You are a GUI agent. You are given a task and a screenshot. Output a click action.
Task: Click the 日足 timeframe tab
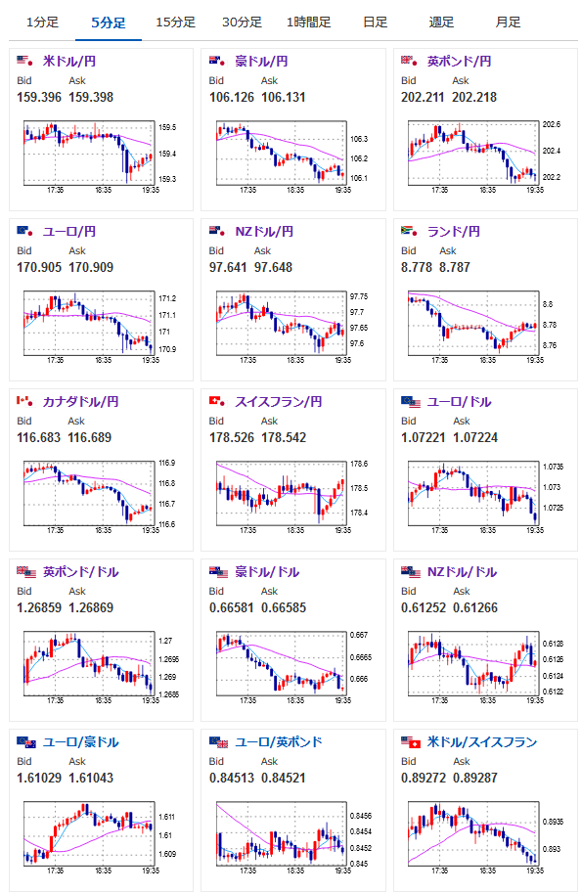[x=376, y=22]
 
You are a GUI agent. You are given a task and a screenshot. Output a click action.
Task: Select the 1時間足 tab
[x=309, y=22]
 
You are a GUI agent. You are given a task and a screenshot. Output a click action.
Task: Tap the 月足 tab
[x=508, y=22]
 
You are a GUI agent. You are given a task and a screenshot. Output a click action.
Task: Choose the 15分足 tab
[x=175, y=22]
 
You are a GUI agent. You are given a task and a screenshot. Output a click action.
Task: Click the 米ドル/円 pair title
[x=68, y=61]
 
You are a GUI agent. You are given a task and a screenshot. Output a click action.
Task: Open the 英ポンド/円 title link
[x=459, y=61]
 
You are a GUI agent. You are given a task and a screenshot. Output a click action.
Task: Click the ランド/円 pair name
[x=453, y=231]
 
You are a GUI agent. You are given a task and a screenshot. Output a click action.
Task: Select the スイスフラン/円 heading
[x=279, y=402]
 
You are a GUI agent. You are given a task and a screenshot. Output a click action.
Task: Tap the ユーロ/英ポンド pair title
[x=279, y=742]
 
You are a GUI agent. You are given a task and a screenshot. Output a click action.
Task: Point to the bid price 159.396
[x=39, y=97]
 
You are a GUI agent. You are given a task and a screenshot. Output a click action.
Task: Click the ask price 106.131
[x=283, y=97]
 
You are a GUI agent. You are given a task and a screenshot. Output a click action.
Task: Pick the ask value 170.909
[x=91, y=267]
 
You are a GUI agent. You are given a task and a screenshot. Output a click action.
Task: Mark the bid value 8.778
[x=417, y=267]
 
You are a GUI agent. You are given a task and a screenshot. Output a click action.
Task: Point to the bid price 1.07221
[x=424, y=437]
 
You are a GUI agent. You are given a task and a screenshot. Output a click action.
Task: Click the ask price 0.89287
[x=475, y=778]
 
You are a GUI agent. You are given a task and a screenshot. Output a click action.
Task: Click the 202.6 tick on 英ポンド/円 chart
[x=552, y=124]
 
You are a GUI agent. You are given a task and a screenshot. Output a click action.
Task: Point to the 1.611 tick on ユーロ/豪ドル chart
[x=167, y=817]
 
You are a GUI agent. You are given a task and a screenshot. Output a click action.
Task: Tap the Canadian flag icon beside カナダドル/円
[x=24, y=401]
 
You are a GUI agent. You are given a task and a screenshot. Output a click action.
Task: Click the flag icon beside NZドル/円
[x=217, y=231]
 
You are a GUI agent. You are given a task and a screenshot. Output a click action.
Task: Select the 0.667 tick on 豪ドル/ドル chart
[x=359, y=635]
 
